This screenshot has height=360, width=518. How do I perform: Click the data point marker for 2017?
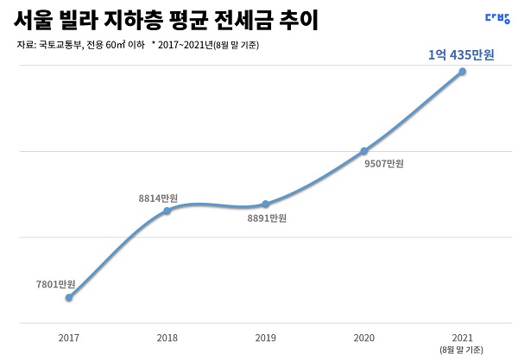69,298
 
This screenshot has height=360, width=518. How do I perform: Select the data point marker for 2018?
167,211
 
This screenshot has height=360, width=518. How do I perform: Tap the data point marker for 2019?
265,205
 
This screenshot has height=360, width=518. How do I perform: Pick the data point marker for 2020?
363,150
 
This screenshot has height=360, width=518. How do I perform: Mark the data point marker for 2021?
462,71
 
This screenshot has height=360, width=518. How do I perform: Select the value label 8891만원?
266,218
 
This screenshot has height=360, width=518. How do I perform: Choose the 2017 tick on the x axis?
69,338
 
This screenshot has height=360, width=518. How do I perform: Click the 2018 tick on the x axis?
167,338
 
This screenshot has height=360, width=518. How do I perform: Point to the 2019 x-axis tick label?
265,338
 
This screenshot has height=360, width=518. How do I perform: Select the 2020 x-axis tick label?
363,338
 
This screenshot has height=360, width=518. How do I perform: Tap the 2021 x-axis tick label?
462,338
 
